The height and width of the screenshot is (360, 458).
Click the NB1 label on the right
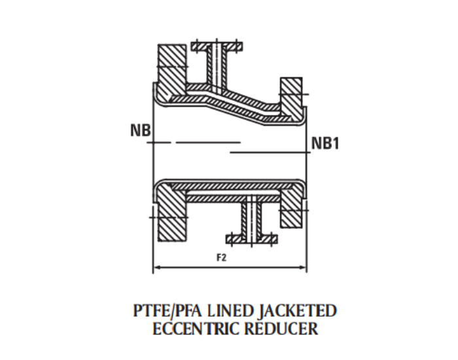pyautogui.click(x=325, y=143)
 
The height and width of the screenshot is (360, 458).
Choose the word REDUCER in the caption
pyautogui.click(x=281, y=328)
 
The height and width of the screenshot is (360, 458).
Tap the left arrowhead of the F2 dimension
pyautogui.click(x=156, y=267)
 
